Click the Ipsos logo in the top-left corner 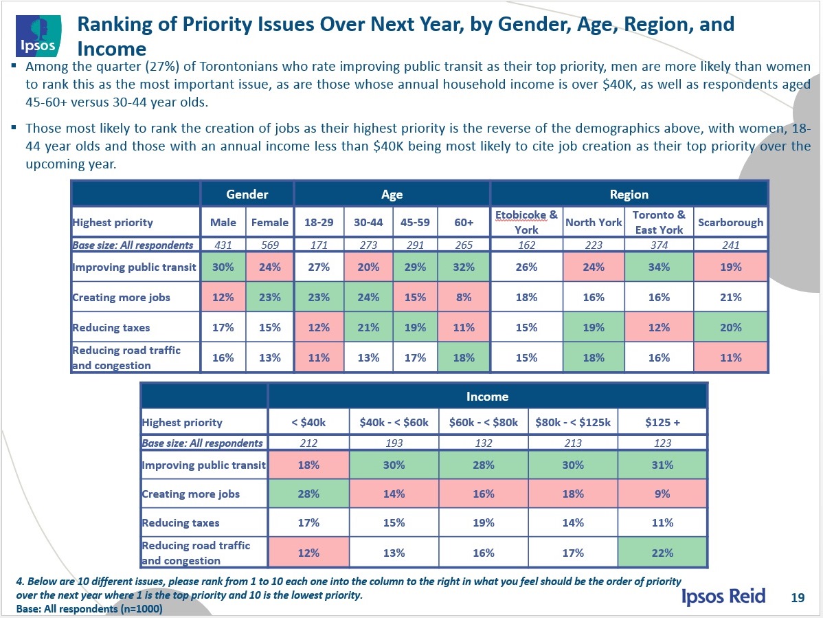click(x=37, y=36)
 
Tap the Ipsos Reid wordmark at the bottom click(x=723, y=595)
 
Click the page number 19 click(x=798, y=597)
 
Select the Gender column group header click(x=247, y=195)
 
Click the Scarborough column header click(x=730, y=222)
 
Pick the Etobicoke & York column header click(x=526, y=222)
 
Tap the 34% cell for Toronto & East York click(x=659, y=267)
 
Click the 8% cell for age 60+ click(x=464, y=297)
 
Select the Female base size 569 click(x=269, y=244)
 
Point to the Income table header click(x=487, y=396)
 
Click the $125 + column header click(x=662, y=422)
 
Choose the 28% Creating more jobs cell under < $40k click(x=308, y=493)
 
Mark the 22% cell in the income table click(x=662, y=552)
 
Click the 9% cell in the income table click(x=662, y=493)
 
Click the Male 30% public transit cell click(x=223, y=267)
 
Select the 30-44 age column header click(x=368, y=222)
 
